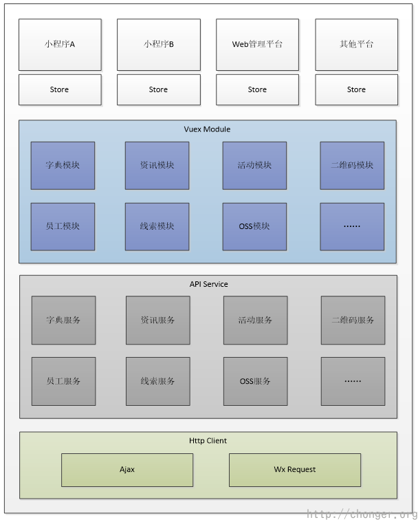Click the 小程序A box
point(60,44)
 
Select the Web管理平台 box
point(257,44)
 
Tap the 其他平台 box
point(356,44)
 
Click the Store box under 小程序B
point(158,89)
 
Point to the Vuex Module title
point(207,129)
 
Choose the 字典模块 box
point(63,165)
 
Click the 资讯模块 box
point(157,165)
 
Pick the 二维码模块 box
point(352,165)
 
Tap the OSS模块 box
point(254,226)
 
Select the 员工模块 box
point(63,226)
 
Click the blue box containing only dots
point(352,226)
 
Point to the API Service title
point(208,284)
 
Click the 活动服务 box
point(255,320)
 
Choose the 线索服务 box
point(157,381)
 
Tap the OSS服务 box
point(255,381)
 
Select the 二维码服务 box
point(353,320)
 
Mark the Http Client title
point(208,440)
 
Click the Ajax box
point(127,470)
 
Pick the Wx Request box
point(294,470)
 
